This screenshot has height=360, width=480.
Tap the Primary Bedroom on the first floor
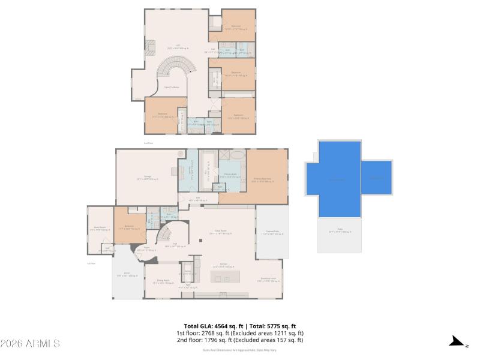click(268, 178)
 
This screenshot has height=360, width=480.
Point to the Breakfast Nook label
click(268, 279)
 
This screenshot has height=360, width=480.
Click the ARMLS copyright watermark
click(30, 344)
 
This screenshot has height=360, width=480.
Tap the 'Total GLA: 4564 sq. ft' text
click(209, 326)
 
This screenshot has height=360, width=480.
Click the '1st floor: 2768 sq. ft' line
click(239, 333)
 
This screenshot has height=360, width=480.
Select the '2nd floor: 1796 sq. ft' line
click(239, 340)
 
